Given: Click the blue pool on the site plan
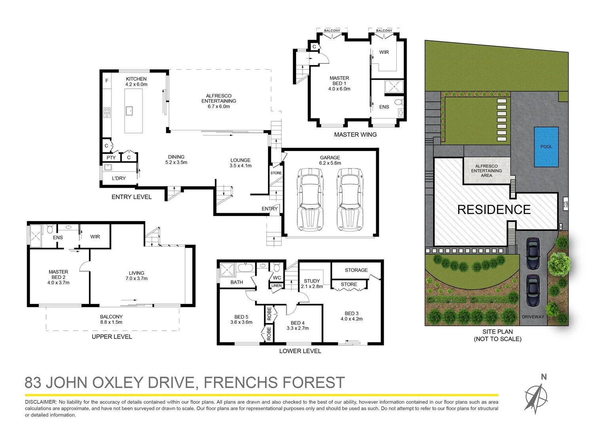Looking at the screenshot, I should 546,147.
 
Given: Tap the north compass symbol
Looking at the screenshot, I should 537,396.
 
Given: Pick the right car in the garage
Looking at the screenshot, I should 350,199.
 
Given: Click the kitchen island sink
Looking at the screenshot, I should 129,111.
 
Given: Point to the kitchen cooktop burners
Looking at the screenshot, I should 107,113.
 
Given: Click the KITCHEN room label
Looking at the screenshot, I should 136,79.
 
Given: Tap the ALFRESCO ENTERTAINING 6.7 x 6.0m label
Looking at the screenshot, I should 219,101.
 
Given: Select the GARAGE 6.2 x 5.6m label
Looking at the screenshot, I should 330,160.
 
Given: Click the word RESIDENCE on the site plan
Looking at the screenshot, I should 494,210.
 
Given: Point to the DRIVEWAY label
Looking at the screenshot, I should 533,317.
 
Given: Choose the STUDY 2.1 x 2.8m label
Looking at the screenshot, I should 312,283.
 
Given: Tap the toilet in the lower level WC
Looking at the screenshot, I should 277,265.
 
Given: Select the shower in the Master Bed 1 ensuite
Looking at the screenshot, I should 394,87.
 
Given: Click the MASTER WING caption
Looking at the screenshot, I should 355,135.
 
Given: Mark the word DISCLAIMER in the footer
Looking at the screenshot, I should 41,402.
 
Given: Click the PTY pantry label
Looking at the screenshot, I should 111,157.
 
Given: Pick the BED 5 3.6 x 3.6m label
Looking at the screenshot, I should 241,319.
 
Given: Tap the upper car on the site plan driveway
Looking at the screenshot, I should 533,254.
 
